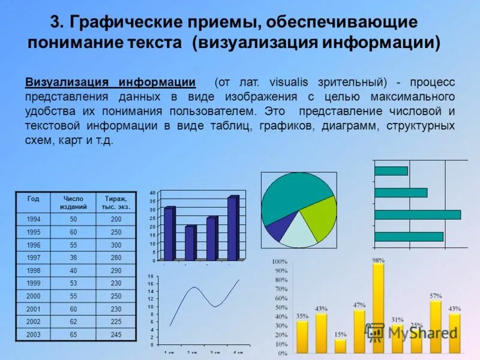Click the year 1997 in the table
coord(34,257)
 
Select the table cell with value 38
coord(74,257)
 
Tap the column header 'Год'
coord(34,198)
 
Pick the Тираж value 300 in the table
coord(116,245)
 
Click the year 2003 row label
coord(34,335)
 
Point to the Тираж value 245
coord(116,335)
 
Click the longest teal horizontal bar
coord(417,214)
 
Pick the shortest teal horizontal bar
coord(391,171)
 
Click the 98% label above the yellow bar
coord(378,260)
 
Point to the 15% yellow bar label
coord(340,334)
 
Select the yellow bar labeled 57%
coord(436,327)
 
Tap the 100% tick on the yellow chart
coord(280,262)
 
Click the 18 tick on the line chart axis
coord(151,275)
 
